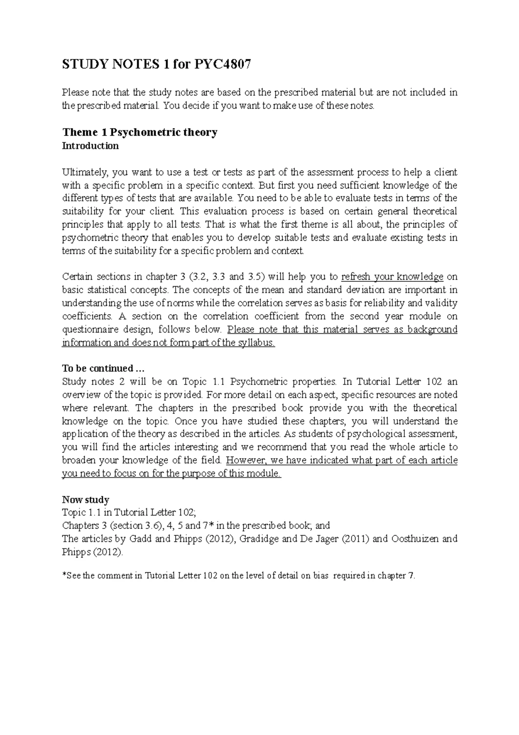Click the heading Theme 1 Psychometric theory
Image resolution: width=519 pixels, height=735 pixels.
140,132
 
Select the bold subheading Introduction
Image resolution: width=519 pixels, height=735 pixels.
90,146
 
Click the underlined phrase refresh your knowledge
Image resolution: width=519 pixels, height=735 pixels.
392,277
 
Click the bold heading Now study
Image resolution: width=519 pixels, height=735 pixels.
86,500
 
